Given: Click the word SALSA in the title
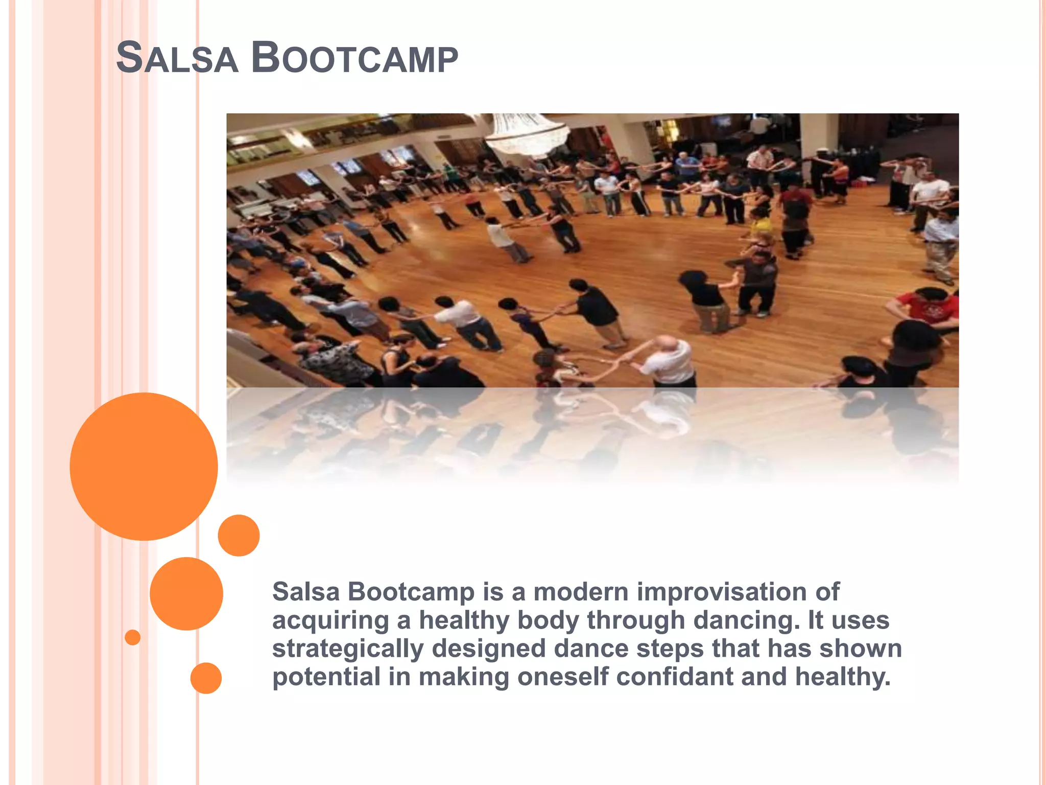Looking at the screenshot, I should click(x=177, y=58).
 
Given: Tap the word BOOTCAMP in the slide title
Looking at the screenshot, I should click(x=354, y=58).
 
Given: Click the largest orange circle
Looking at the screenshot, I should click(x=144, y=466).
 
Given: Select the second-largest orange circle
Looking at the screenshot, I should click(x=186, y=593).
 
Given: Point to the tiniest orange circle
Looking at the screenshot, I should click(x=132, y=637).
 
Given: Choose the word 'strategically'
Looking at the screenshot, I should click(x=348, y=649).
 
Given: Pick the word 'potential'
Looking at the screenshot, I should click(x=326, y=677).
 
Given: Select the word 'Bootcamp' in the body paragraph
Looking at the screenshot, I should click(x=411, y=592).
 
